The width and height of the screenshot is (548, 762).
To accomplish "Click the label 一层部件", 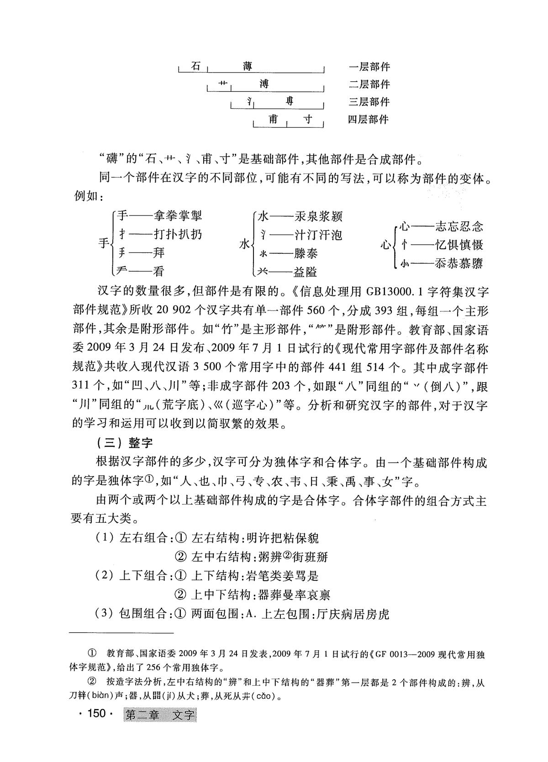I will pyautogui.click(x=369, y=67).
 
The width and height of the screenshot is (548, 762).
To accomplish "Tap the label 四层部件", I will pyautogui.click(x=368, y=120).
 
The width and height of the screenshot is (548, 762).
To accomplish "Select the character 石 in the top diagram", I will pyautogui.click(x=196, y=66).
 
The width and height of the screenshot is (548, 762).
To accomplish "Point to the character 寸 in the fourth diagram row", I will pyautogui.click(x=308, y=119).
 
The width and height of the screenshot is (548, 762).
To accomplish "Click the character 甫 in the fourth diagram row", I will pyautogui.click(x=273, y=119).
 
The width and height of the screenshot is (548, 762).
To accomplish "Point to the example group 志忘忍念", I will pyautogui.click(x=459, y=226).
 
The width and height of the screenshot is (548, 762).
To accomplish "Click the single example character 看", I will pyautogui.click(x=158, y=271).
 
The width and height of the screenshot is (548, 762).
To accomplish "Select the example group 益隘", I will pyautogui.click(x=306, y=272).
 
